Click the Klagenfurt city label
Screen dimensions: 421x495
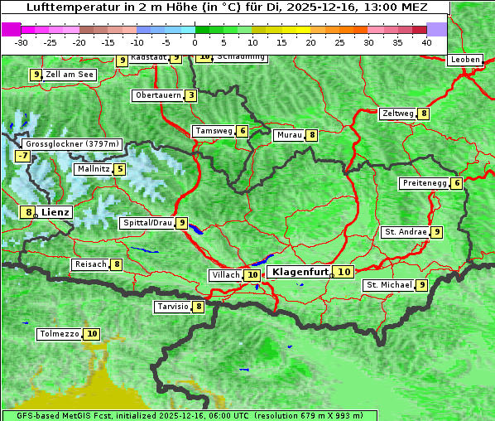click(x=300, y=272)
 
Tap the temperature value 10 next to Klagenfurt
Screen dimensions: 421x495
click(x=344, y=272)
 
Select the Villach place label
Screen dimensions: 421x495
click(x=226, y=275)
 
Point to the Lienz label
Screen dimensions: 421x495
click(x=55, y=212)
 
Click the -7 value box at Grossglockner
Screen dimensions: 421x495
click(x=22, y=156)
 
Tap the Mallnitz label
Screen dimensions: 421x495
click(x=92, y=169)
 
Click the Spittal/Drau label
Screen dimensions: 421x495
click(x=147, y=223)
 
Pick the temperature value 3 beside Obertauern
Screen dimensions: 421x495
click(x=191, y=95)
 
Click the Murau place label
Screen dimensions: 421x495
click(x=289, y=135)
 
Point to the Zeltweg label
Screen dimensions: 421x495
click(x=397, y=114)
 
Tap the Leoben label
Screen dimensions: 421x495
click(x=464, y=60)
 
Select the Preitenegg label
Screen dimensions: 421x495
click(x=425, y=183)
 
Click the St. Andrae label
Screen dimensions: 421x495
click(x=406, y=232)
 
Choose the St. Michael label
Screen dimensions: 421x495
click(x=389, y=285)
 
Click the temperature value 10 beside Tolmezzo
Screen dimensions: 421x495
click(x=92, y=334)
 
